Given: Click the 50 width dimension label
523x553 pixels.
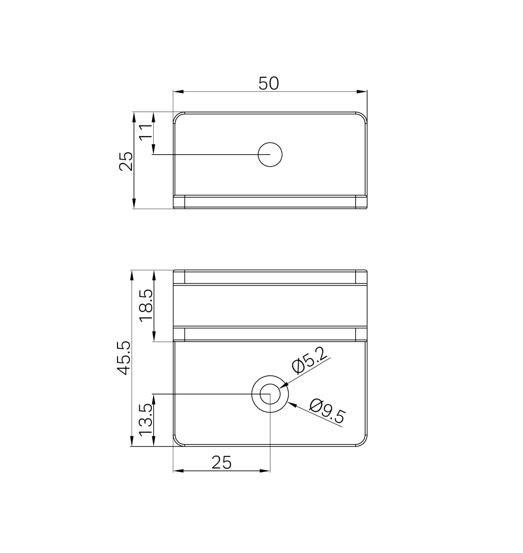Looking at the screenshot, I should [x=269, y=83].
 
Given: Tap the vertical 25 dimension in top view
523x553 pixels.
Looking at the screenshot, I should [x=126, y=161].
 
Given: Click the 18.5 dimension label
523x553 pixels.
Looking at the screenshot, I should [x=146, y=305].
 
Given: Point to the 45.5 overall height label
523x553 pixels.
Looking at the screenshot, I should [x=124, y=358].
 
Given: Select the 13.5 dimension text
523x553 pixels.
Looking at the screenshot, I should [x=146, y=420].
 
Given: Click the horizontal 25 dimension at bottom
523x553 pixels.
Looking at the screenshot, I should [x=222, y=462].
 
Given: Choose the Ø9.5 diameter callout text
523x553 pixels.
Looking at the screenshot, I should [x=327, y=411].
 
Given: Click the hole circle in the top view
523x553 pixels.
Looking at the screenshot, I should [x=270, y=155].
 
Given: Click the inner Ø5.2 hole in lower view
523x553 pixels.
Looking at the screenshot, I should [x=270, y=394].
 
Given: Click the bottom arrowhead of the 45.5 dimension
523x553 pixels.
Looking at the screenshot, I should [x=132, y=442].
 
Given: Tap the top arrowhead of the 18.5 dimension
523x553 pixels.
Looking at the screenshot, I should [x=154, y=275].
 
